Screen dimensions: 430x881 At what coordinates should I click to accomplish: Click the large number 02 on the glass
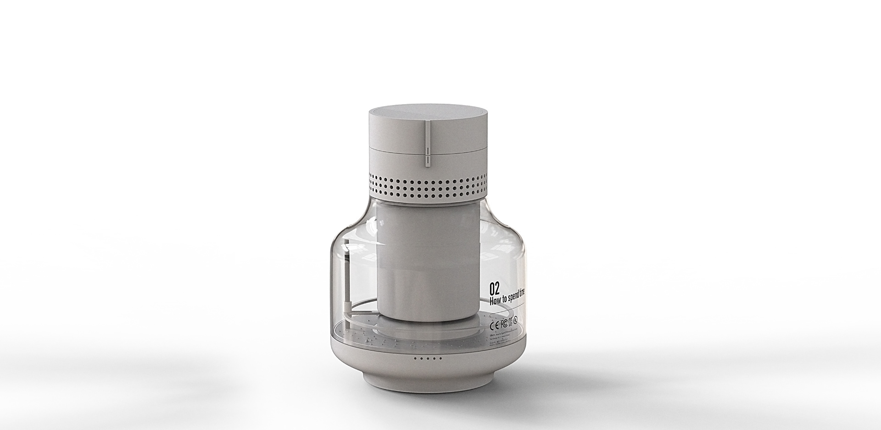[494, 288]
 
